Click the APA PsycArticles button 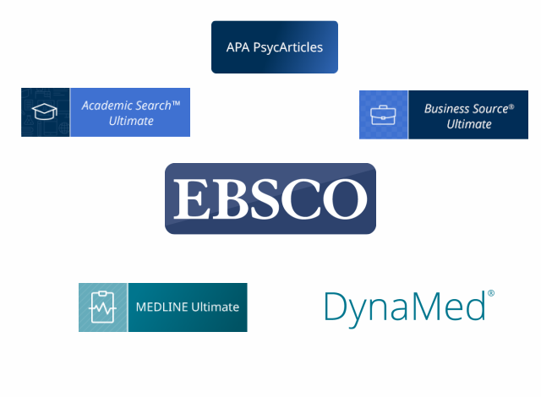click(x=275, y=47)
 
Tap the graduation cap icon click(x=45, y=111)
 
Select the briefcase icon click(x=383, y=115)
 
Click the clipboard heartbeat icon click(x=102, y=307)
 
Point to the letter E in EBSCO click(x=193, y=198)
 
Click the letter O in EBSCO click(x=345, y=198)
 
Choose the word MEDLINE click(x=161, y=307)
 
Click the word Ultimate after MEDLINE click(x=216, y=307)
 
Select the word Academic click(x=107, y=106)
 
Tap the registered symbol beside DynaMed click(x=491, y=293)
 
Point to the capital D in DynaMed click(x=336, y=307)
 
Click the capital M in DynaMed click(x=427, y=307)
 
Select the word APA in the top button click(x=238, y=47)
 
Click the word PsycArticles click(x=288, y=48)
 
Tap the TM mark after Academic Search click(x=176, y=103)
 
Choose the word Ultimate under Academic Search click(x=131, y=121)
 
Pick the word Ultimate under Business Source click(x=469, y=124)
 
